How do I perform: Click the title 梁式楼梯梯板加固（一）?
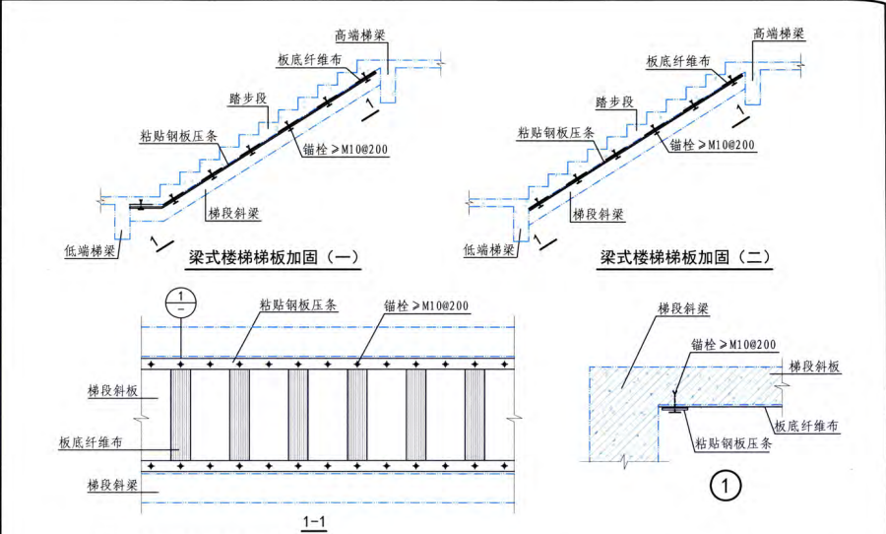pyautogui.click(x=274, y=258)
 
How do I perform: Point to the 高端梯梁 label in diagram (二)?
pyautogui.click(x=779, y=33)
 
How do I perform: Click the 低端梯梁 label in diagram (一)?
pyautogui.click(x=92, y=250)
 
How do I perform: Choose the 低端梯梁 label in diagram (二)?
pyautogui.click(x=489, y=250)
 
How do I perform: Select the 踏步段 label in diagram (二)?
pyautogui.click(x=615, y=100)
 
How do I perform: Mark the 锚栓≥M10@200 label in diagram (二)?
pyautogui.click(x=712, y=145)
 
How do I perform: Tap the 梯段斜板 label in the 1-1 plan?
pyautogui.click(x=111, y=391)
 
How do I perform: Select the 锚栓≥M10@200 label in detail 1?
pyautogui.click(x=733, y=344)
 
